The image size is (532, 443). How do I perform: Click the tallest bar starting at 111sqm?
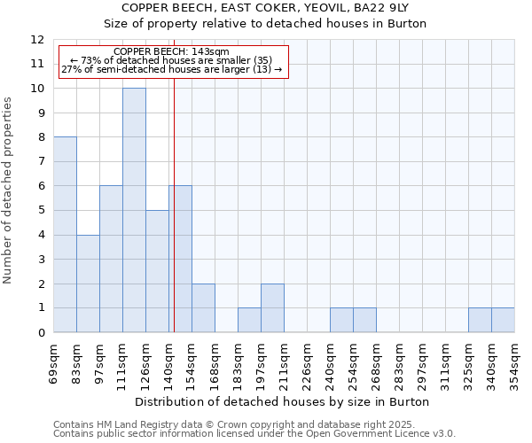click(134, 210)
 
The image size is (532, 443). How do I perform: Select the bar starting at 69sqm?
click(65, 235)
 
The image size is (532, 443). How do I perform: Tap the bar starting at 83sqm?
click(88, 284)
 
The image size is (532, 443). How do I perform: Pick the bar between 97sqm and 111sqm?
click(111, 259)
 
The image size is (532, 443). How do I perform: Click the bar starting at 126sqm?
click(157, 271)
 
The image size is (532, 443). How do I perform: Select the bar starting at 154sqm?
click(203, 308)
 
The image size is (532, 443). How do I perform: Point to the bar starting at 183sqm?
click(249, 320)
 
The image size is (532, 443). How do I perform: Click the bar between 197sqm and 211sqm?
click(272, 308)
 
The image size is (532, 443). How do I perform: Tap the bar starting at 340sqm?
click(503, 320)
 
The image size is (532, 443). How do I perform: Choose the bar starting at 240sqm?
click(341, 320)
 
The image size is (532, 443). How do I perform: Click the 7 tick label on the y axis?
click(41, 162)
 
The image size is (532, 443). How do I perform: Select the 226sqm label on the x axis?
click(308, 364)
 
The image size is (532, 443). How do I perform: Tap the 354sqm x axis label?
click(515, 364)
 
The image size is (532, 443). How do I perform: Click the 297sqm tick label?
click(423, 364)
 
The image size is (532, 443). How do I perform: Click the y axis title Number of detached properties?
click(9, 190)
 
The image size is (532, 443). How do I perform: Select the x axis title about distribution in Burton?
click(284, 401)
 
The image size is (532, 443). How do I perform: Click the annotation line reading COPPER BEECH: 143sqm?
click(172, 52)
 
